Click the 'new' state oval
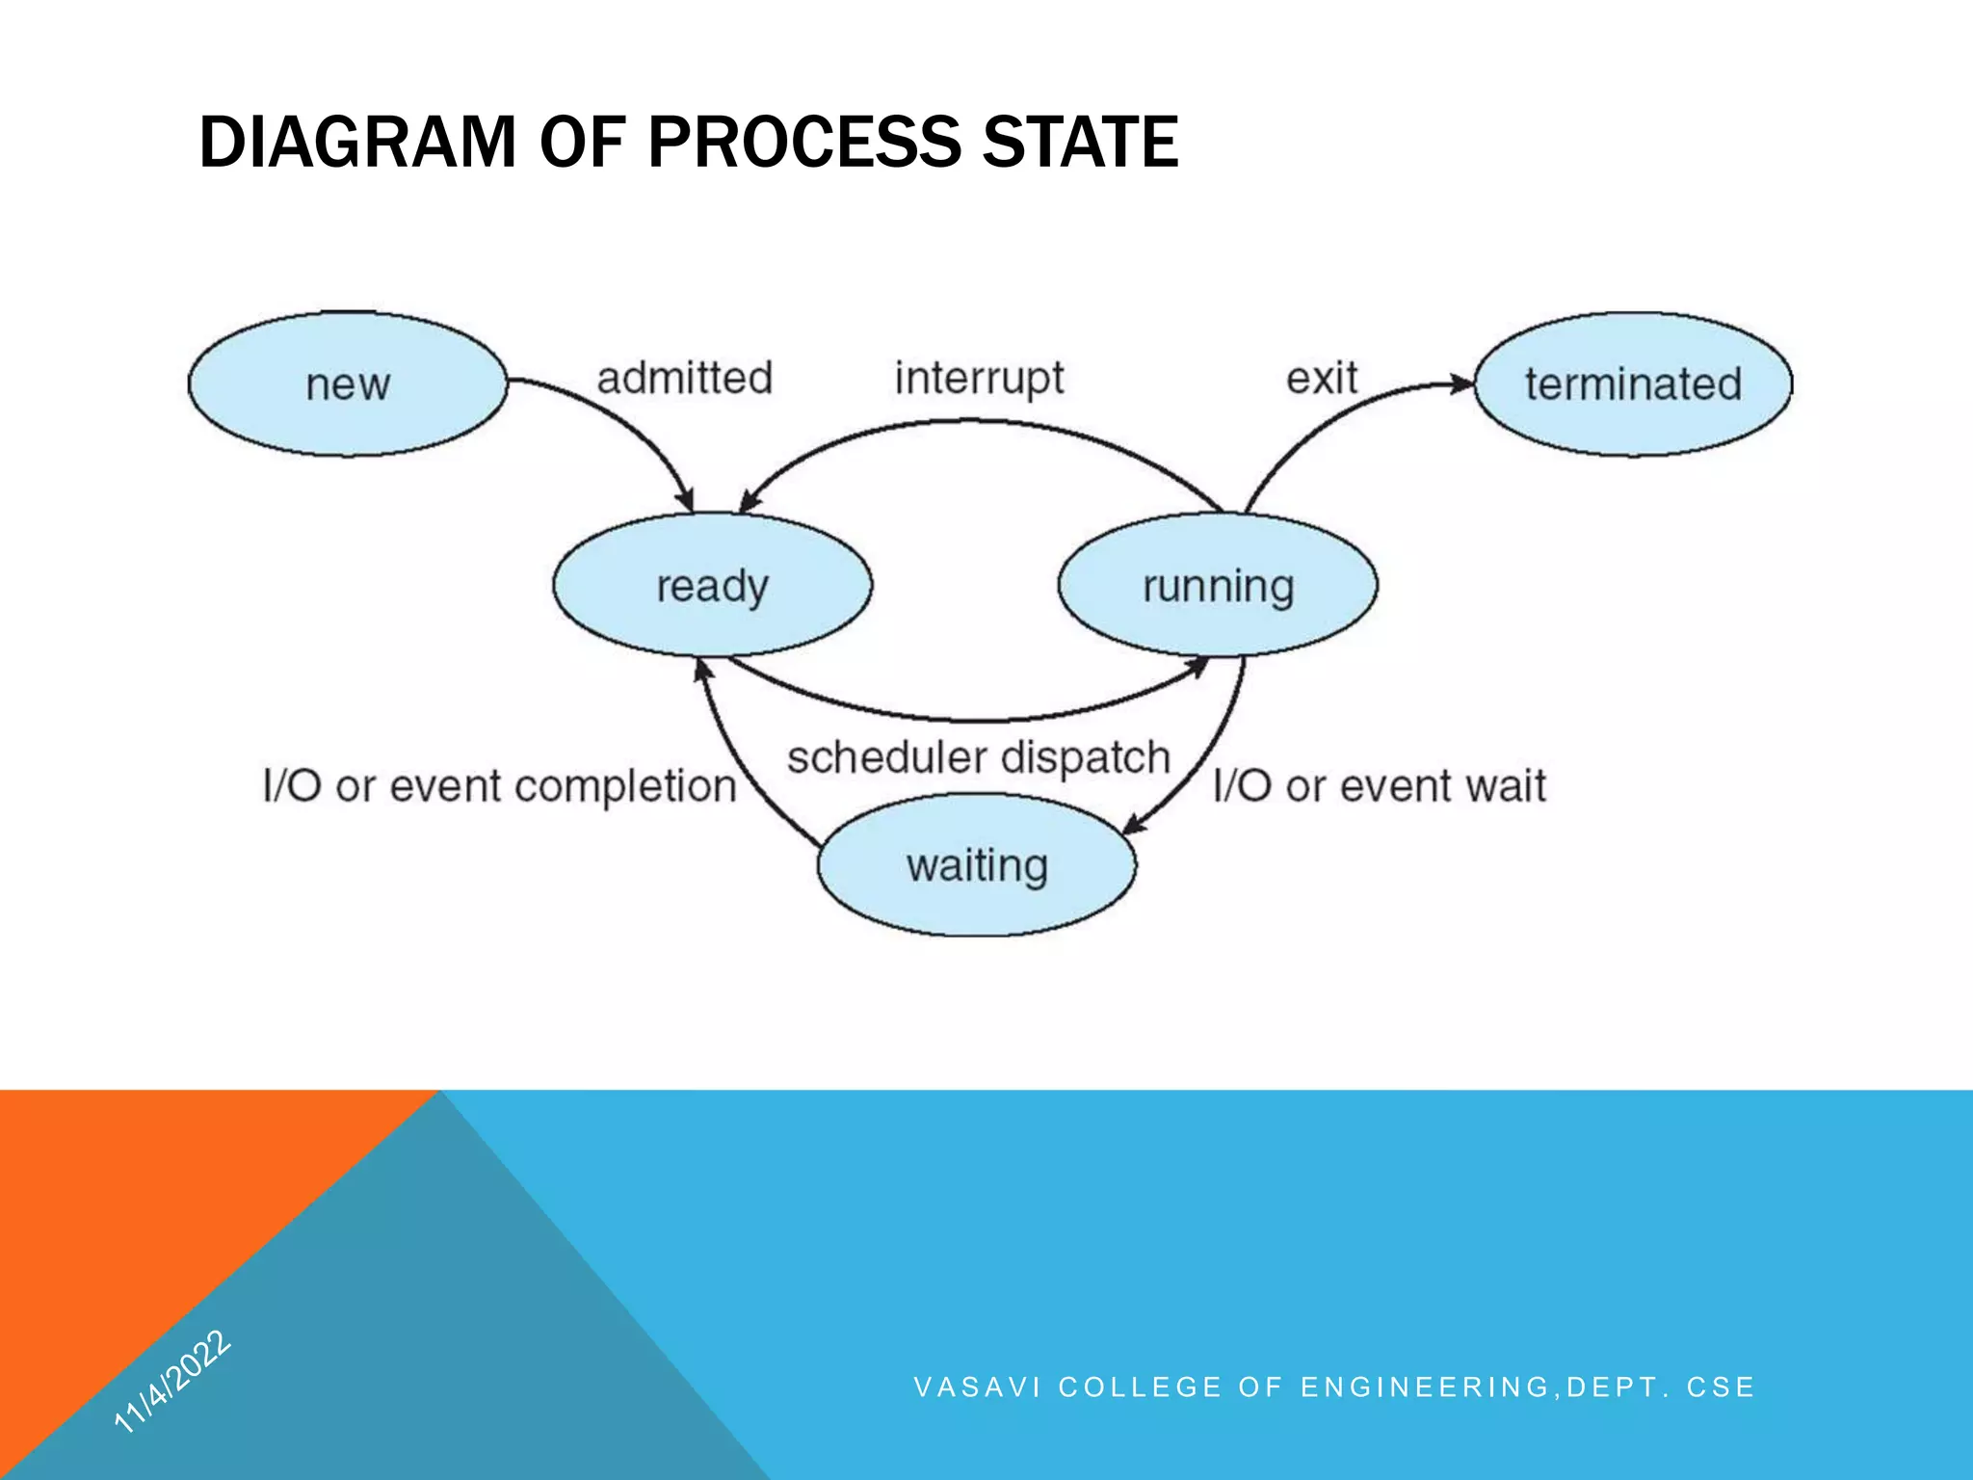pyautogui.click(x=347, y=384)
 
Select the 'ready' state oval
pyautogui.click(x=712, y=585)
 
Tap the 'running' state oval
pyautogui.click(x=1218, y=585)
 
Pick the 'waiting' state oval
pyautogui.click(x=976, y=864)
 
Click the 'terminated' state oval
pyautogui.click(x=1633, y=384)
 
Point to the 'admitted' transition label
pyautogui.click(x=684, y=378)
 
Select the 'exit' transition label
pyautogui.click(x=1321, y=378)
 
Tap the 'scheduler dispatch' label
pyautogui.click(x=978, y=757)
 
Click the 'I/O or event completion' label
pyautogui.click(x=499, y=786)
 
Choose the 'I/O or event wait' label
pyautogui.click(x=1379, y=786)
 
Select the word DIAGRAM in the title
pyautogui.click(x=358, y=142)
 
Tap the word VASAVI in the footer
pyautogui.click(x=977, y=1387)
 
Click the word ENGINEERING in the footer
pyautogui.click(x=1425, y=1387)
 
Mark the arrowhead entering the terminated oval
pyautogui.click(x=1463, y=384)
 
